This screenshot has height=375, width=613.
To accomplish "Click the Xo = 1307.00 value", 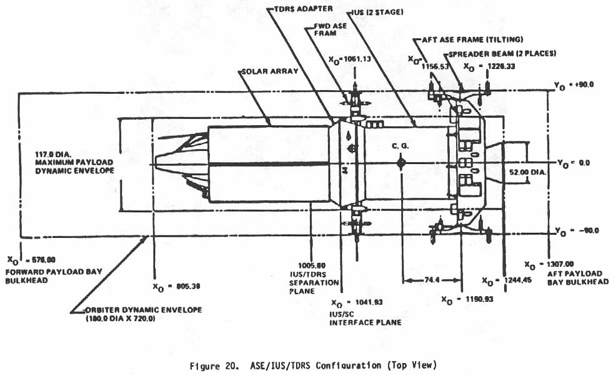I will point(547,264).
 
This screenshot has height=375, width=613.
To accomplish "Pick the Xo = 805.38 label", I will point(176,287).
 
